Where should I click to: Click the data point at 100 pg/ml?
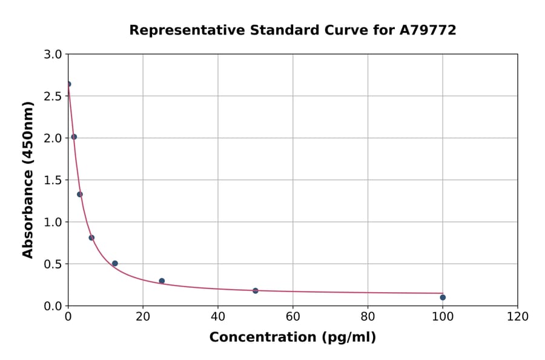(443, 297)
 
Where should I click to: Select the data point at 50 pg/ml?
(256, 291)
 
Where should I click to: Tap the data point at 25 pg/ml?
(162, 281)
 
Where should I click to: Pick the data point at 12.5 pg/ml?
(115, 264)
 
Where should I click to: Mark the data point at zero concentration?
(68, 84)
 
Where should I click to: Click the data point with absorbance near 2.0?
(74, 137)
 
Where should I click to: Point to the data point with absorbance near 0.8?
(91, 238)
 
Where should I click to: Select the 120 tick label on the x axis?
(518, 317)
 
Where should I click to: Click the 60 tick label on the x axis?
(293, 317)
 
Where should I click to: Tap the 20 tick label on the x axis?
(143, 317)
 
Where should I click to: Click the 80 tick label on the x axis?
(368, 317)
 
